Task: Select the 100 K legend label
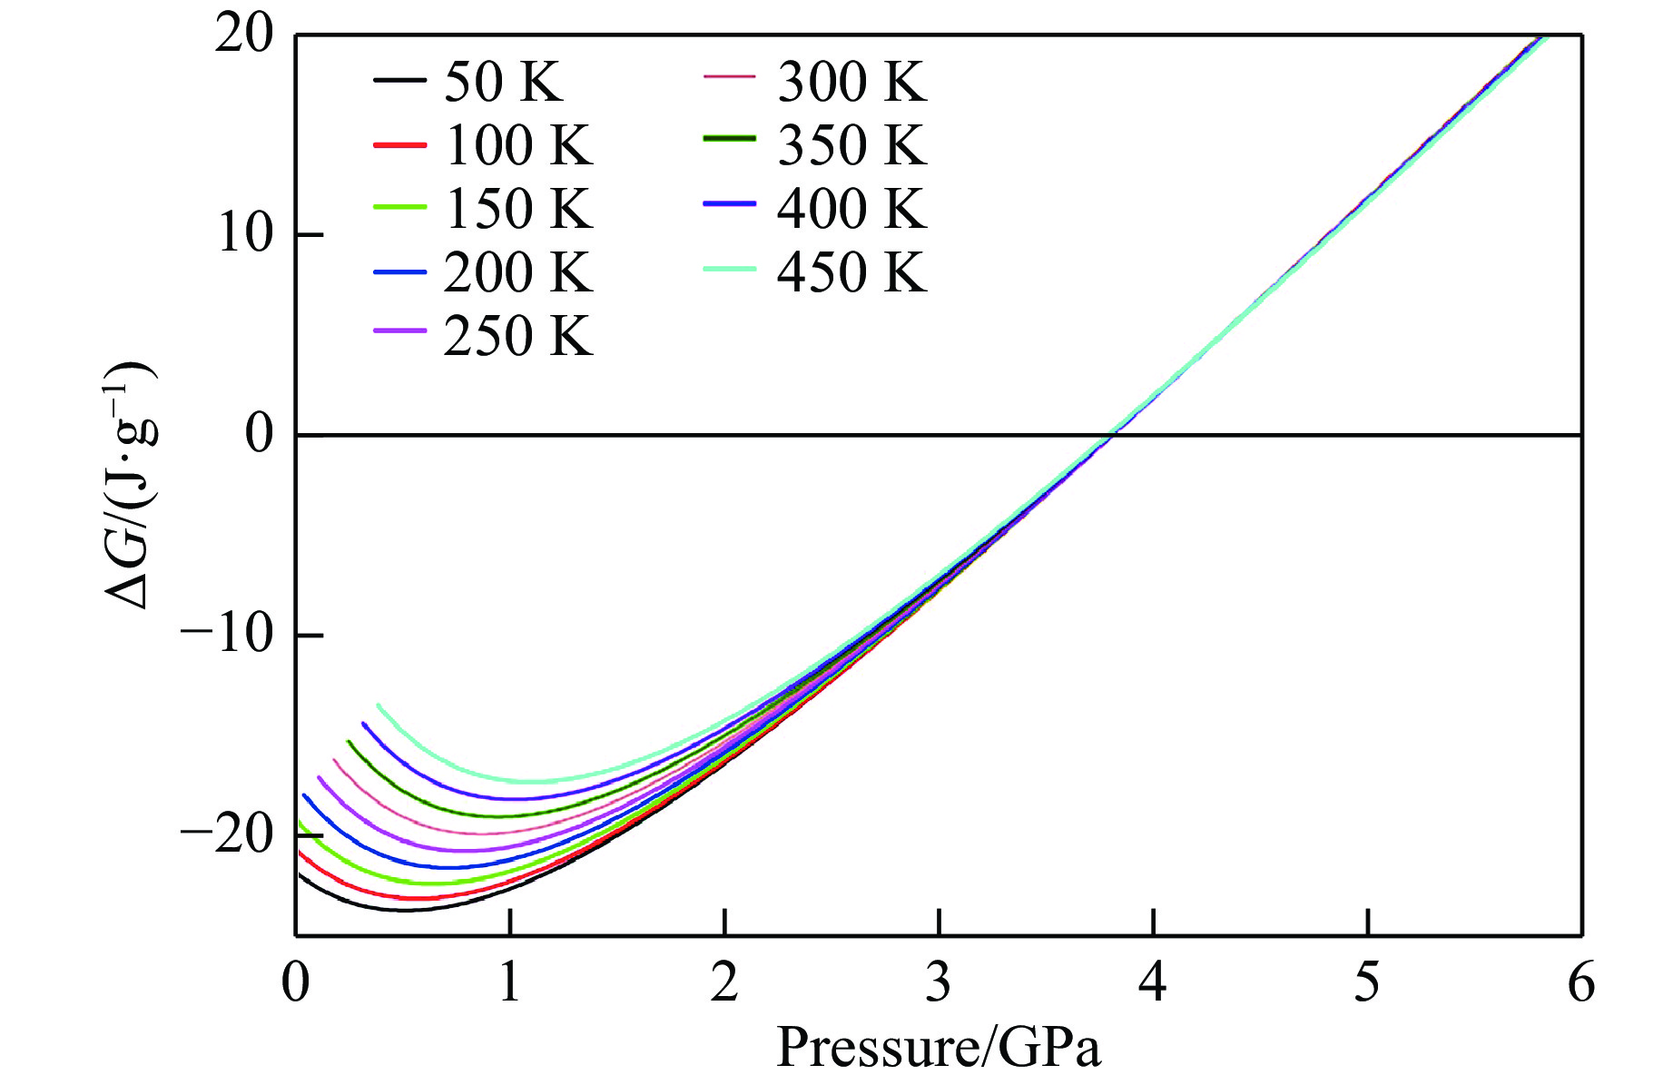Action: [518, 145]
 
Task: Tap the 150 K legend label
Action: [518, 209]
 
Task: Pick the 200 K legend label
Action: [518, 272]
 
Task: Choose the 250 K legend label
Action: [518, 336]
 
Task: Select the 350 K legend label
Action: [851, 145]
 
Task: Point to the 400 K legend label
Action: [851, 209]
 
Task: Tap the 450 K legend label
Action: [851, 272]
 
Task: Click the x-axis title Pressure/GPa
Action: [939, 1047]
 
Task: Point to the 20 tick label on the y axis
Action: [243, 36]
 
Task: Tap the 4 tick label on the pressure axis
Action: [1153, 983]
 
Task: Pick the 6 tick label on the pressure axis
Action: [1581, 983]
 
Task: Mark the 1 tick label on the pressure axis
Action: [510, 983]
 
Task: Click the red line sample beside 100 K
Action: [399, 145]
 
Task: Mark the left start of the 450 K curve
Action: [379, 705]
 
